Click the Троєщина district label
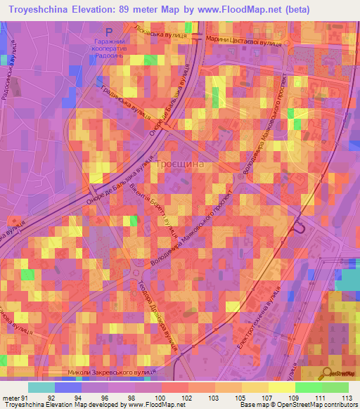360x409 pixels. coord(180,163)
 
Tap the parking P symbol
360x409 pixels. coord(108,32)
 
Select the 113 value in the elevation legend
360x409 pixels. coord(347,397)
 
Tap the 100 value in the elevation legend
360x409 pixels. coord(160,397)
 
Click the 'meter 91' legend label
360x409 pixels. coord(14,397)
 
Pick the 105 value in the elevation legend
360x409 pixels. coord(240,397)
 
